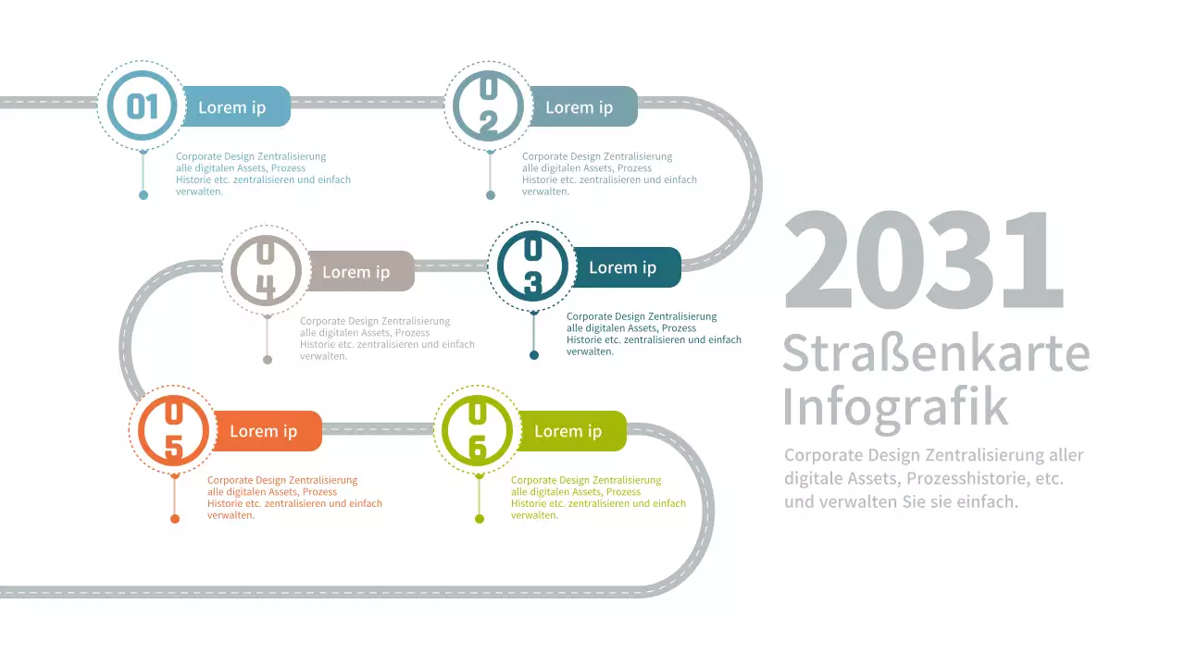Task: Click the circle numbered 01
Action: pos(143,106)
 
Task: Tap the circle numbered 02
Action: pos(489,106)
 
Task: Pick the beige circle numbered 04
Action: pos(267,271)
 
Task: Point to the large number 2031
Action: pos(923,261)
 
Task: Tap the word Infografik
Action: pos(895,406)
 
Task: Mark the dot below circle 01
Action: pos(143,195)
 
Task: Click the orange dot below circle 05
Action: pos(175,519)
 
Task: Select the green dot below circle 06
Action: pos(480,519)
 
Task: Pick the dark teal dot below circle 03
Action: pos(534,355)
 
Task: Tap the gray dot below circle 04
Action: pos(268,360)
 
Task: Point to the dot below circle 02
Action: pos(491,195)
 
